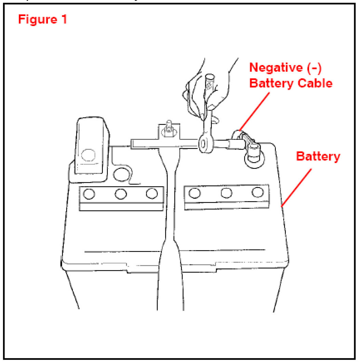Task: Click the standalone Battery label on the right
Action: (318, 157)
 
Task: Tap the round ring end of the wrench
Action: (205, 143)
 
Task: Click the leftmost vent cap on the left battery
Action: (89, 194)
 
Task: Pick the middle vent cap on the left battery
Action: (120, 194)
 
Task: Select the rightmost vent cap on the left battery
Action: (151, 193)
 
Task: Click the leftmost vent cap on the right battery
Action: (194, 193)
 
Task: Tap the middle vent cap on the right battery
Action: (226, 193)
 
